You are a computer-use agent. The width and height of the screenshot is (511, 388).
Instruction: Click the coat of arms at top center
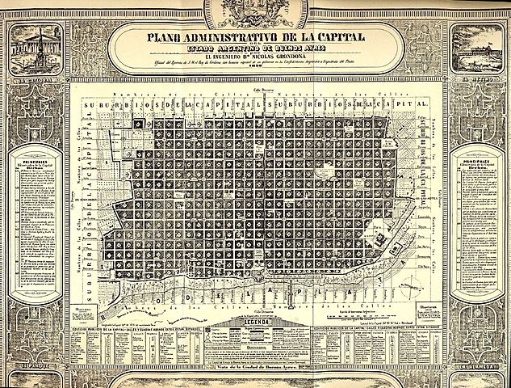coord(255,11)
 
